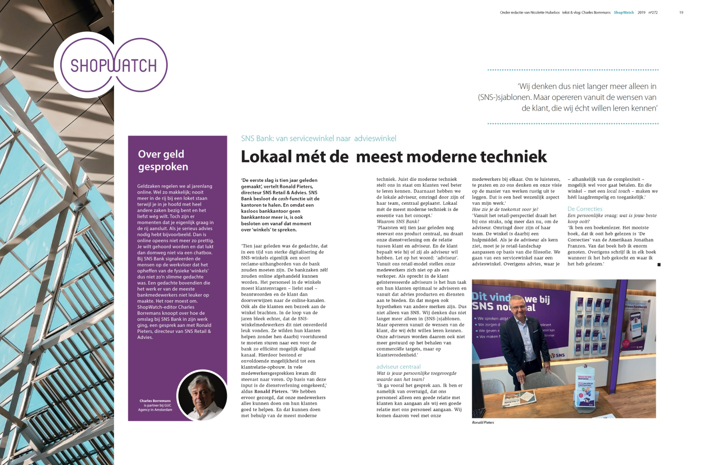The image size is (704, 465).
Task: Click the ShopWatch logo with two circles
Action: [x=114, y=65]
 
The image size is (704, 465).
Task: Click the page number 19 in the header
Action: [x=681, y=12]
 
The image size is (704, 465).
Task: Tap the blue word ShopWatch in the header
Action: [x=624, y=12]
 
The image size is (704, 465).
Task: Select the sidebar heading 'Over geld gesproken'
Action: [x=163, y=160]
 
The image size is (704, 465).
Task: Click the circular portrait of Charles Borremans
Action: [x=202, y=395]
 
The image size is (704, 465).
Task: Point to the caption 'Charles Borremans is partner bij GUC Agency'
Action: [x=155, y=405]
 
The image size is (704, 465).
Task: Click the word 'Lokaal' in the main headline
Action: [x=266, y=157]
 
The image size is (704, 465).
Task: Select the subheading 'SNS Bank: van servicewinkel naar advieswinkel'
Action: [x=318, y=139]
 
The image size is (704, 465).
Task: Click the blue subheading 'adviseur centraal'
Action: [x=398, y=367]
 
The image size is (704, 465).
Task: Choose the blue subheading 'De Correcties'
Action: [x=585, y=209]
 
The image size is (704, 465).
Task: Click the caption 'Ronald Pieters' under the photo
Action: [x=483, y=422]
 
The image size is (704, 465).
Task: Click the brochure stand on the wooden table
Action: [x=586, y=387]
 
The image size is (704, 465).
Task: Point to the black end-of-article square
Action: [x=659, y=265]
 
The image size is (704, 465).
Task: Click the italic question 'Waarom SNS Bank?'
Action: [x=397, y=222]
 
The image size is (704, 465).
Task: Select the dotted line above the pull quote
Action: [x=573, y=70]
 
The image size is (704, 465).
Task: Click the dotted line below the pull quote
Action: [x=573, y=124]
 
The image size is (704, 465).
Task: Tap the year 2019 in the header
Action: [x=641, y=12]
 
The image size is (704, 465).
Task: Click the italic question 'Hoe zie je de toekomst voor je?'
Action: [x=505, y=209]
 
